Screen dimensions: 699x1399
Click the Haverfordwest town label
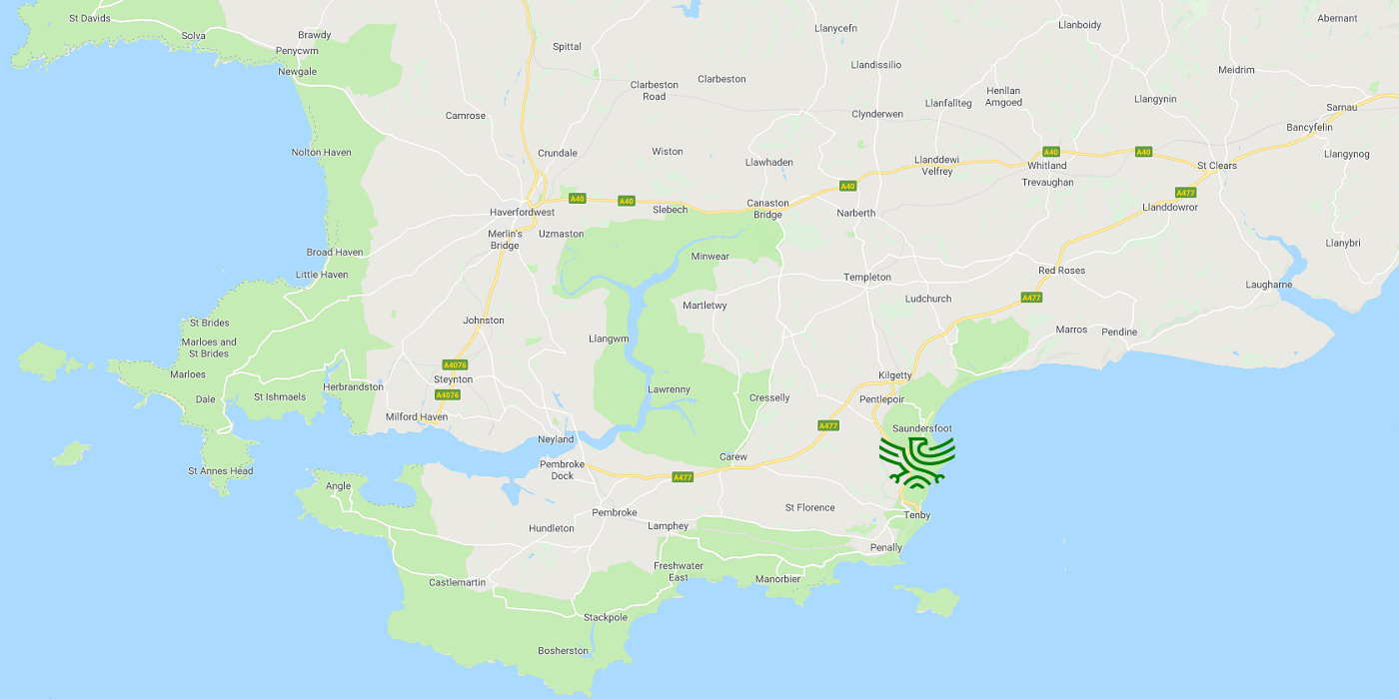pos(522,213)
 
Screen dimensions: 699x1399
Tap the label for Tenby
pos(916,515)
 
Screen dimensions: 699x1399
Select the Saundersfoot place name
pos(922,428)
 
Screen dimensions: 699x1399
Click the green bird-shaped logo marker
pos(916,462)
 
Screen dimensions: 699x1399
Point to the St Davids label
pos(89,18)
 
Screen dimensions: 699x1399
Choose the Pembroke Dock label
pos(563,469)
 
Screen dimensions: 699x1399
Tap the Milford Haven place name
pos(417,416)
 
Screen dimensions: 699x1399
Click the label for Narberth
pos(856,213)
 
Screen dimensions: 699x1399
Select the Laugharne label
pos(1269,285)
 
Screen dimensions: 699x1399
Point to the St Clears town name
pos(1217,166)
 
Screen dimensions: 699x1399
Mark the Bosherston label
pos(564,651)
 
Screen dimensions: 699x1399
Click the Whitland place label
pos(1047,166)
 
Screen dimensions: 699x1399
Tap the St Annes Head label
pos(221,471)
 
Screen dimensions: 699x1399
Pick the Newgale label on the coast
pos(297,72)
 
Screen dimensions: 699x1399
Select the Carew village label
pos(733,457)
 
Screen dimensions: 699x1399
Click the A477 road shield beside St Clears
pos(1186,192)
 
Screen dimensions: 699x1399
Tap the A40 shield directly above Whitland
pos(1050,152)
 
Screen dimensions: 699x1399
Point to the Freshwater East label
pos(679,571)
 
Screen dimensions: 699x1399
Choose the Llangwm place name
pos(609,340)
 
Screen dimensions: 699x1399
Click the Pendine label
pos(1119,332)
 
